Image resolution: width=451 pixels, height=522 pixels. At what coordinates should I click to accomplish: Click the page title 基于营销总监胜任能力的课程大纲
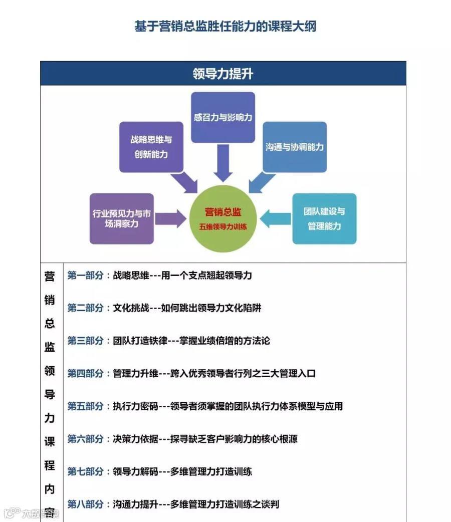coord(225,27)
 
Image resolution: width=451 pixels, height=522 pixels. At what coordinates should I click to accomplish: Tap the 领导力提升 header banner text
coord(223,74)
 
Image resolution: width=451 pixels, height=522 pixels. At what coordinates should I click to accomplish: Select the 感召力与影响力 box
coord(223,117)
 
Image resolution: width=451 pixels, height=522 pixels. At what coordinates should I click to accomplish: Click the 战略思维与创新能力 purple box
coord(151,147)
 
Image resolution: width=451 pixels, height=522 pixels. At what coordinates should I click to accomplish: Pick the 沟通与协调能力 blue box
coord(295,147)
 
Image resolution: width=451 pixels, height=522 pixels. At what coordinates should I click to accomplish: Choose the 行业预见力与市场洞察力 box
coord(122,219)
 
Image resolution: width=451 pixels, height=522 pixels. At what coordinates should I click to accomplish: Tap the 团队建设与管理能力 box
coord(324,219)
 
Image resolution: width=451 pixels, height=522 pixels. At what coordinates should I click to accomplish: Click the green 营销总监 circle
coord(223,218)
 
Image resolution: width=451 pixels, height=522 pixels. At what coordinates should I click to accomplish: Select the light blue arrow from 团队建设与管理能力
coord(276,218)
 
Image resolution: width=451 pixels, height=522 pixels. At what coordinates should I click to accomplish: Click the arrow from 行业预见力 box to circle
coord(170,219)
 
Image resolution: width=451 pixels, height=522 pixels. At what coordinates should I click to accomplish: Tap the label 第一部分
coord(86,276)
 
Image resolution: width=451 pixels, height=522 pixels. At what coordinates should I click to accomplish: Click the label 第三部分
coord(86,341)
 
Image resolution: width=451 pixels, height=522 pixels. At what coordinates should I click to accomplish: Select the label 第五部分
coord(86,406)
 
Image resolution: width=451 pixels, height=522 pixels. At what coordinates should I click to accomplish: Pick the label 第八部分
coord(86,504)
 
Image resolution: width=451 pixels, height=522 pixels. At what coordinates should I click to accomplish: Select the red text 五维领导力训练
coord(223,226)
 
